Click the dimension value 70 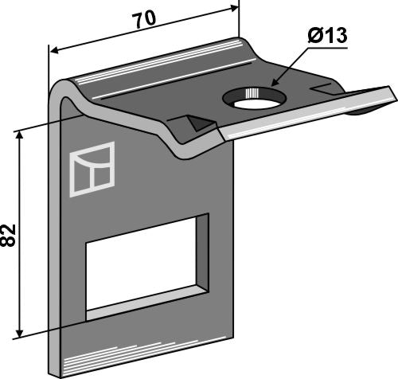coord(145,20)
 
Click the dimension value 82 coord(8,236)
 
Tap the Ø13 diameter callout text coord(327,36)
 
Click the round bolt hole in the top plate coord(255,98)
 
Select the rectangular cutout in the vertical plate coord(147,267)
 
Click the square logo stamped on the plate coord(92,170)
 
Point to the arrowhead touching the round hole coord(275,82)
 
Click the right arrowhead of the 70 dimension coord(234,8)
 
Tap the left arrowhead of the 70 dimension coord(54,50)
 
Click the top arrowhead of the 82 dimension coord(19,135)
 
